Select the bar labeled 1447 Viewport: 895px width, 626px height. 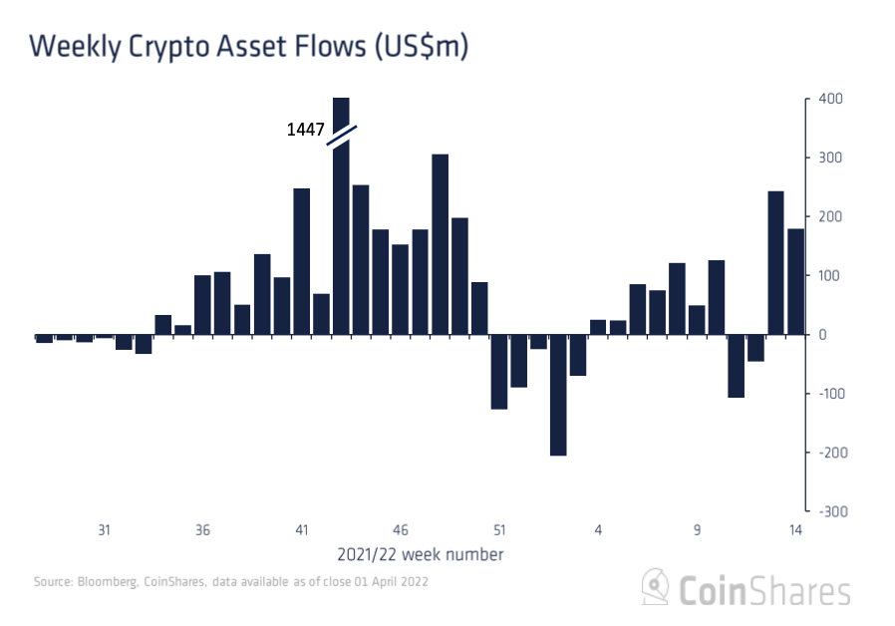341,239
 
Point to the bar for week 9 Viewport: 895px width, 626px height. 697,320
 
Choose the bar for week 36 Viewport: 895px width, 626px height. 202,305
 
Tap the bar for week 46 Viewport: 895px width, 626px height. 400,289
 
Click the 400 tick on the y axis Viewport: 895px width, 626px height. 830,100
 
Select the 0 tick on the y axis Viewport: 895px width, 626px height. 822,335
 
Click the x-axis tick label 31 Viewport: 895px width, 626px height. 104,530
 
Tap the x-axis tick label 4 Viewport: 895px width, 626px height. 598,530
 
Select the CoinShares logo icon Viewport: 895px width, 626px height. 654,587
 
